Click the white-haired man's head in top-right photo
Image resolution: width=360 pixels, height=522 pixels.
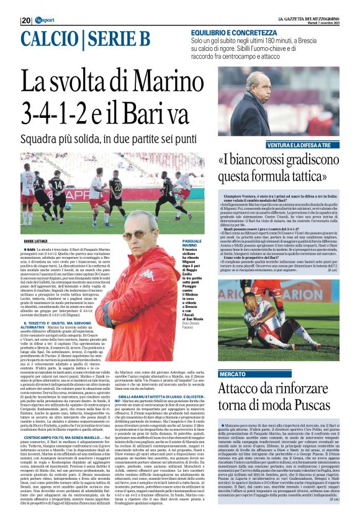click(251, 82)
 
